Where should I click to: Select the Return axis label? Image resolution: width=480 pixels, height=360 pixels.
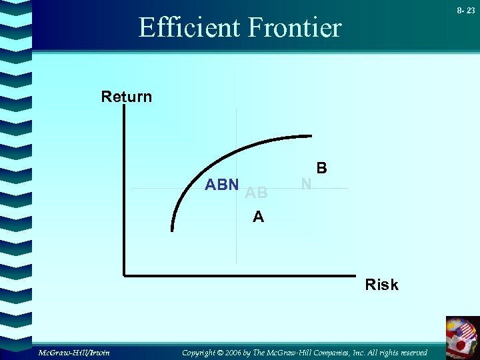tap(126, 97)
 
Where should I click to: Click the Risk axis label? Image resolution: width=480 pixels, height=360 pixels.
tap(381, 285)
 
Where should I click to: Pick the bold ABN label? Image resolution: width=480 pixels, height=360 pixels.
tap(222, 185)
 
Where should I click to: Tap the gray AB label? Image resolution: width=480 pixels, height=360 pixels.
tap(256, 193)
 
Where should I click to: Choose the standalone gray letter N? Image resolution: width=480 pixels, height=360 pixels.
tap(306, 183)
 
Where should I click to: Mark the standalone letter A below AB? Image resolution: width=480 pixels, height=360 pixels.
tap(258, 217)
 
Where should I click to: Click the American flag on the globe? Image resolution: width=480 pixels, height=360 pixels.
tap(464, 329)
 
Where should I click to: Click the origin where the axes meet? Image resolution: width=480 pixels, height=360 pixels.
tap(124, 273)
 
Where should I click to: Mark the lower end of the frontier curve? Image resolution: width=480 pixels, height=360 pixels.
tap(173, 229)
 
